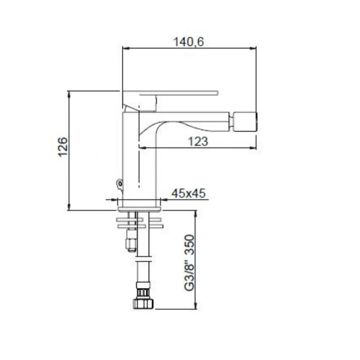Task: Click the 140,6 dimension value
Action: click(189, 42)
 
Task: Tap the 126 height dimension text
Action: click(63, 147)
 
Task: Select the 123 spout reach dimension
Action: click(198, 141)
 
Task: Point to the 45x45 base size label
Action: click(188, 193)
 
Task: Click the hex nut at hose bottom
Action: click(143, 303)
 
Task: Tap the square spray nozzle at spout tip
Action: click(245, 122)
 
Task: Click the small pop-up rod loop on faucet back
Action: click(119, 184)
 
